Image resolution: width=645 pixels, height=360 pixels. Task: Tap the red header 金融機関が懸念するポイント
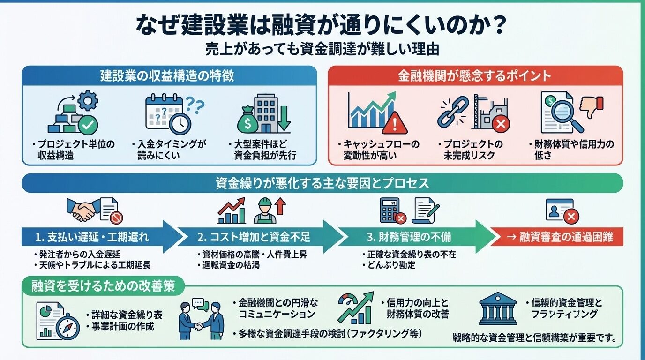click(x=474, y=75)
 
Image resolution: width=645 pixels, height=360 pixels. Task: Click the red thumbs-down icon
click(x=591, y=107)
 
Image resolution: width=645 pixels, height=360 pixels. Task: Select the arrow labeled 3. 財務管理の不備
click(x=412, y=237)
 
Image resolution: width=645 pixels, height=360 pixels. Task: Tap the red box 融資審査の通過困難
click(x=558, y=237)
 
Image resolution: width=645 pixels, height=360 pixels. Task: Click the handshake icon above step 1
click(x=82, y=210)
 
